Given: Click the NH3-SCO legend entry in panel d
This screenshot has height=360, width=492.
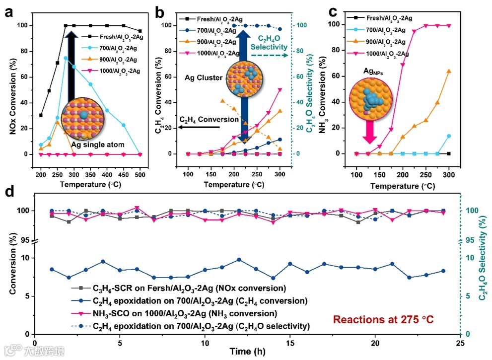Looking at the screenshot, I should [179, 313].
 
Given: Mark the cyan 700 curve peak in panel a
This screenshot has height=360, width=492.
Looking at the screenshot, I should [66, 58].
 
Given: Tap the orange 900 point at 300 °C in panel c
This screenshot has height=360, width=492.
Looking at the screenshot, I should [449, 71].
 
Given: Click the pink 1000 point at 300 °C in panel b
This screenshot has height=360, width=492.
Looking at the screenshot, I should [280, 89].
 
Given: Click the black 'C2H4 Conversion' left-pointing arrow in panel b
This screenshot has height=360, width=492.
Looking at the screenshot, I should [199, 128].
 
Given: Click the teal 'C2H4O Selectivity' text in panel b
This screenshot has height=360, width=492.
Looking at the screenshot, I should [269, 42].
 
